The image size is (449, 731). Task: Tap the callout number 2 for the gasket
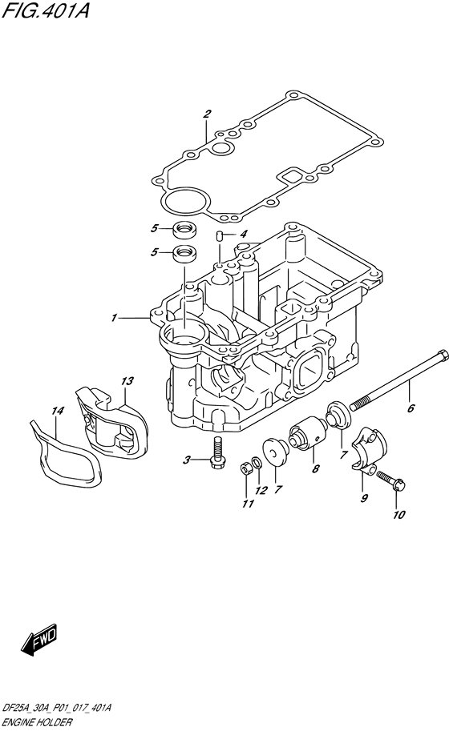click(x=206, y=114)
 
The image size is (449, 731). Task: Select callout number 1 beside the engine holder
click(x=115, y=319)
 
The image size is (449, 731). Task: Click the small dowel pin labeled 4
click(x=218, y=235)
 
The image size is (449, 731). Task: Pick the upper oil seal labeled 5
click(x=185, y=230)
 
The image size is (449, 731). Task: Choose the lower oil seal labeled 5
click(x=186, y=255)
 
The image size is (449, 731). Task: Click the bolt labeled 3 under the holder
click(x=216, y=456)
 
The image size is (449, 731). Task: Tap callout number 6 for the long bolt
click(x=411, y=408)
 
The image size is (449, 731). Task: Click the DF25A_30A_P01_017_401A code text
click(x=57, y=709)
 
